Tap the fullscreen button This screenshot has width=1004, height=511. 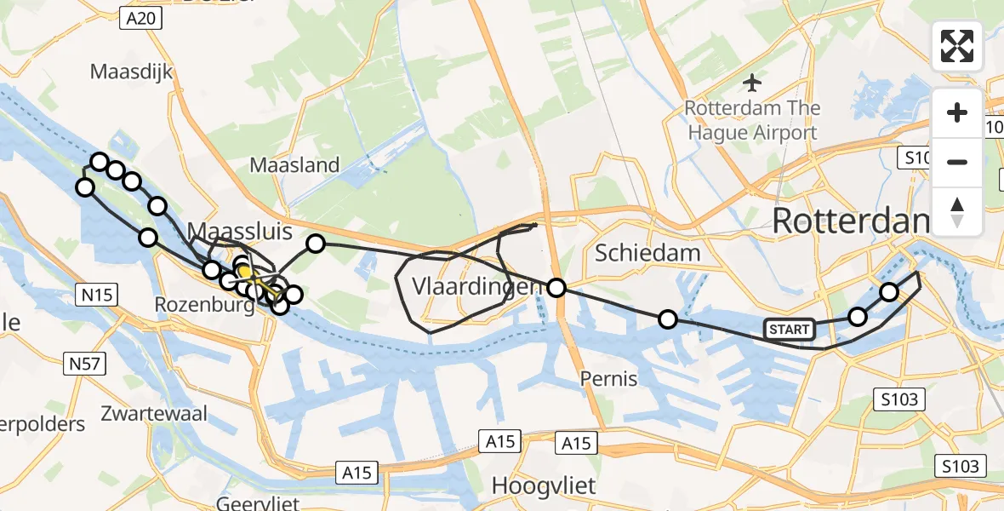click(957, 46)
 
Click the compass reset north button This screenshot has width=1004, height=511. click(957, 211)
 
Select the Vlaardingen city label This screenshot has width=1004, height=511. click(476, 287)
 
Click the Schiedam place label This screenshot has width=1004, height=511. click(647, 252)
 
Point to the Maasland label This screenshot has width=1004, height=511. click(294, 165)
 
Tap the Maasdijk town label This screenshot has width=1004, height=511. click(132, 72)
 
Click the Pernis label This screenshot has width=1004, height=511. click(608, 378)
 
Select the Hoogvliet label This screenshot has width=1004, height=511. click(544, 486)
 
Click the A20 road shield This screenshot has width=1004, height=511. click(139, 19)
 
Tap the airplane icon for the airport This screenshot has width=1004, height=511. click(751, 83)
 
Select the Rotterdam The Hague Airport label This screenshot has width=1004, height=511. click(752, 120)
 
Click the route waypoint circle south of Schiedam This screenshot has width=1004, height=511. click(668, 319)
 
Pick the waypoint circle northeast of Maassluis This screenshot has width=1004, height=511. click(315, 244)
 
